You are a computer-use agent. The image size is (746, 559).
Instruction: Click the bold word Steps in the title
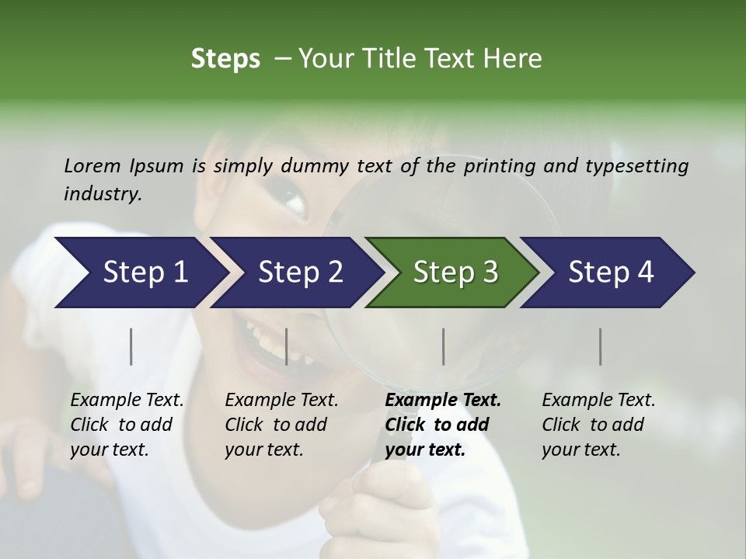[225, 59]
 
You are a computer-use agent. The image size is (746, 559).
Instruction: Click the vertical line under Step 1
[131, 346]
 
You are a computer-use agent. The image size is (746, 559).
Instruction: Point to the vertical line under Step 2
[287, 346]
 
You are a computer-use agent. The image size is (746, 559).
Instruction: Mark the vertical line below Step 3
[443, 346]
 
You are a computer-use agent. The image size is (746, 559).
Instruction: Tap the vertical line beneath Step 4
[600, 346]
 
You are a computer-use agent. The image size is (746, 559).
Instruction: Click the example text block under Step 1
[127, 425]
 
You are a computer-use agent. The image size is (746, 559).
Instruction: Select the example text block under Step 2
[281, 425]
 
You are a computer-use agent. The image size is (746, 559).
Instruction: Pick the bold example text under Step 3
[443, 425]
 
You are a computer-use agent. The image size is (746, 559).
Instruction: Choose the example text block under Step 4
[598, 425]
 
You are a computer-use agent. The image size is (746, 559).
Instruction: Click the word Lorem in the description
[92, 166]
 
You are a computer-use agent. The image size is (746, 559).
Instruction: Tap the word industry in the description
[102, 195]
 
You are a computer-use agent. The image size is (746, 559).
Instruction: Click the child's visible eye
[294, 200]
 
